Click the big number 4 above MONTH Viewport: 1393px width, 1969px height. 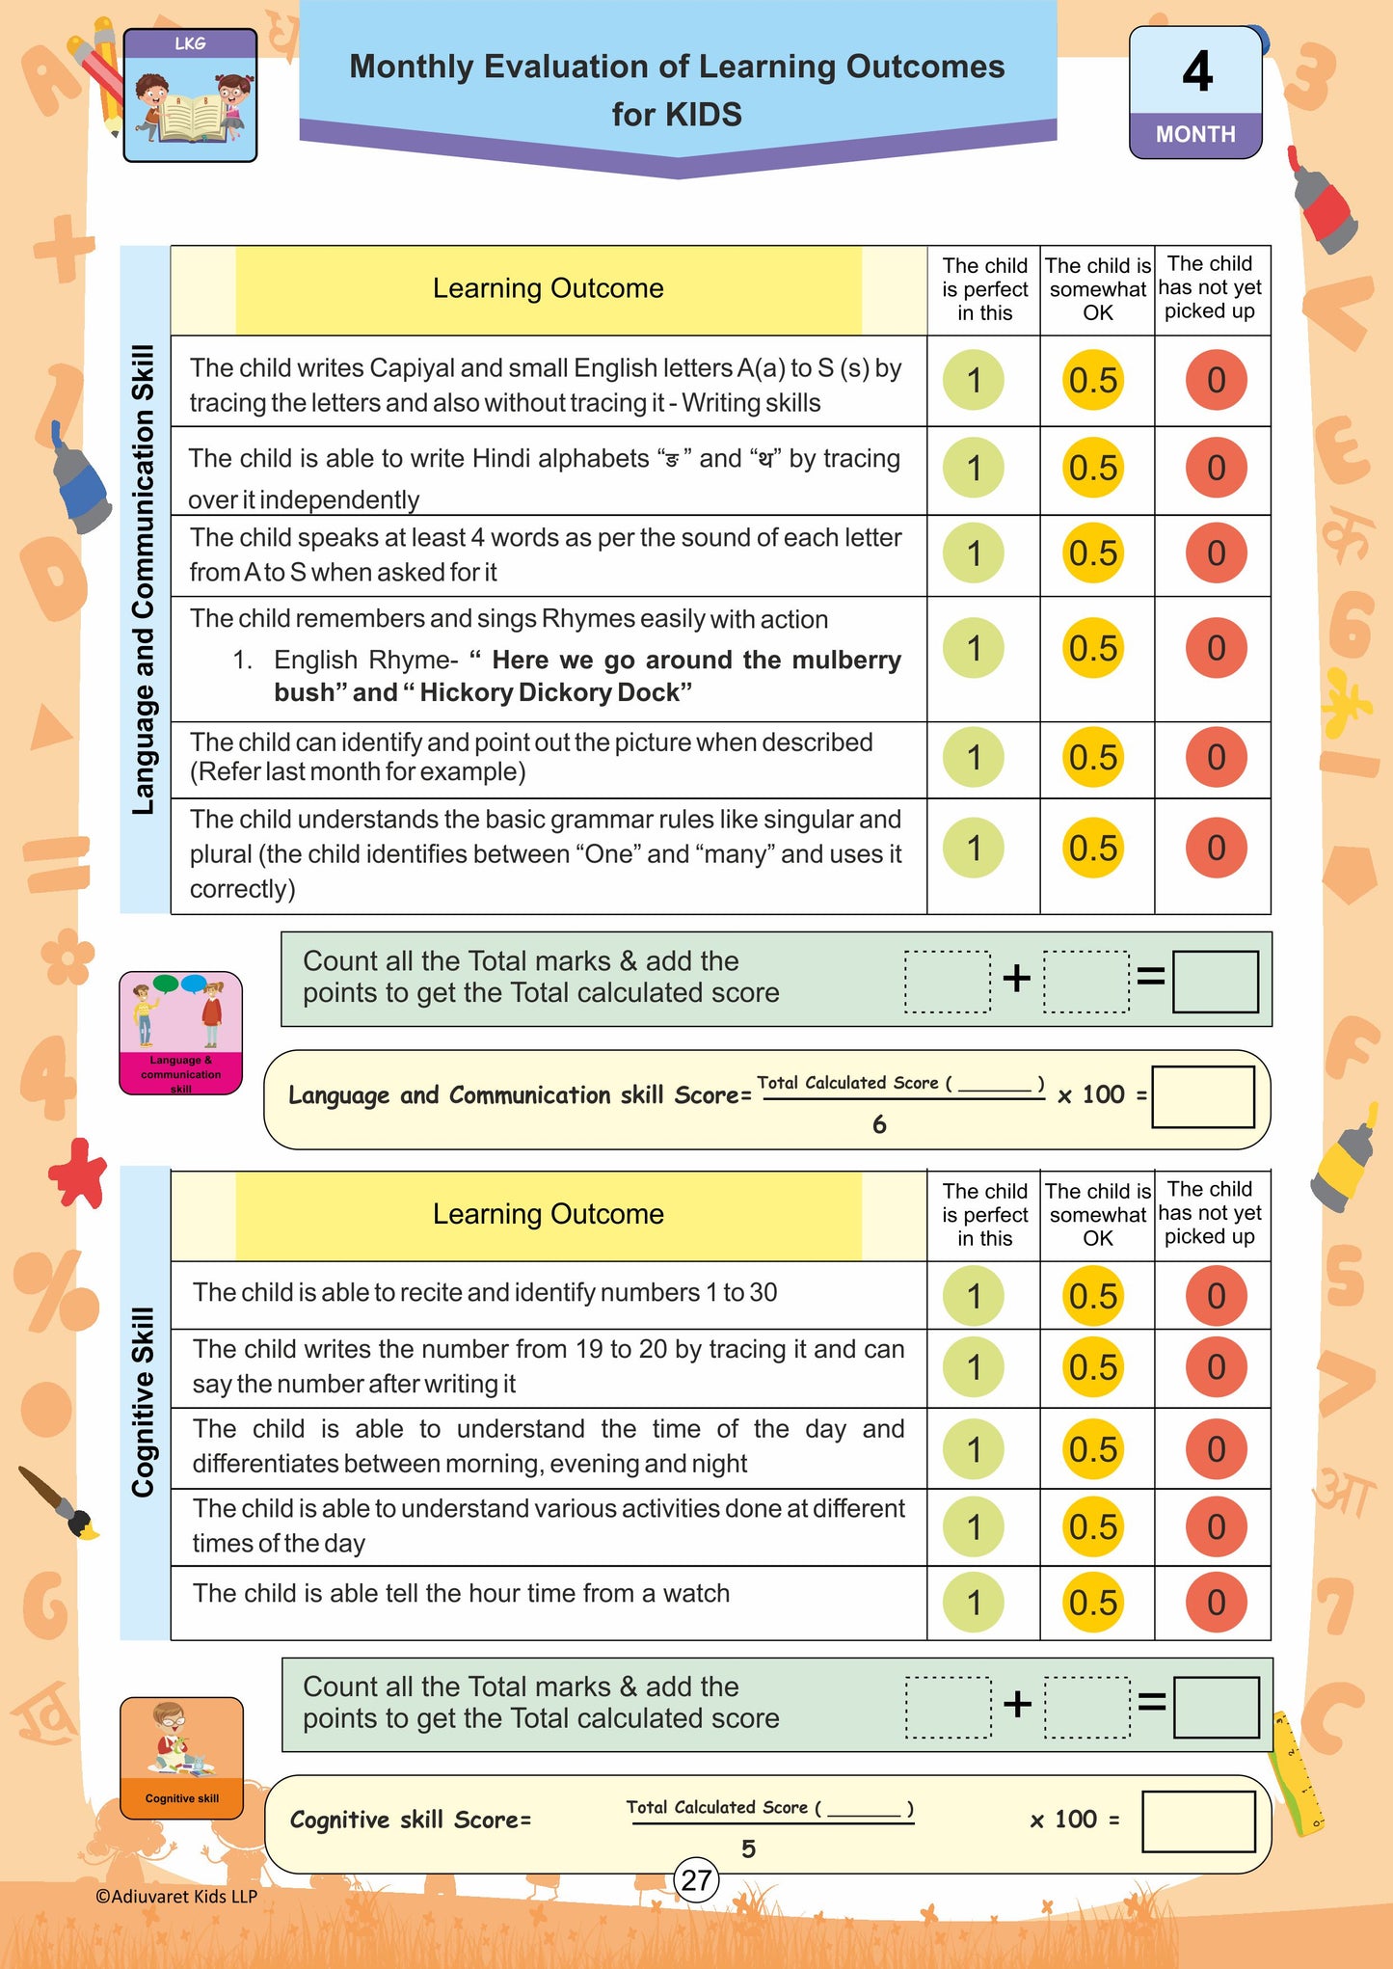pyautogui.click(x=1196, y=71)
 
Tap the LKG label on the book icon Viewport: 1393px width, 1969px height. pyautogui.click(x=190, y=43)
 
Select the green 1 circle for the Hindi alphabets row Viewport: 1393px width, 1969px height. pyautogui.click(x=974, y=469)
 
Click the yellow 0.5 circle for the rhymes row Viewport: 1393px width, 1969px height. pyautogui.click(x=1092, y=648)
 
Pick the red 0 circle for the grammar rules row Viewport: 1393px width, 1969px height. pyautogui.click(x=1216, y=848)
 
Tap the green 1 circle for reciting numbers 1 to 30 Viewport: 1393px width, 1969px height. pyautogui.click(x=974, y=1296)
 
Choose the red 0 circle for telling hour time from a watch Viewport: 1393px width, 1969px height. pyautogui.click(x=1216, y=1603)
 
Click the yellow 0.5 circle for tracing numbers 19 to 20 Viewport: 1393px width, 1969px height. pyautogui.click(x=1092, y=1367)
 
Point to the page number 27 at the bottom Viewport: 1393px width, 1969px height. pyautogui.click(x=696, y=1880)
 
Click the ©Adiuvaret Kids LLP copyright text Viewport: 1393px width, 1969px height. pyautogui.click(x=176, y=1896)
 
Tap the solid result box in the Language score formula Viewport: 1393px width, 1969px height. pyautogui.click(x=1203, y=1096)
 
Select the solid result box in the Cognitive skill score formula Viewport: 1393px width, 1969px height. pyautogui.click(x=1198, y=1821)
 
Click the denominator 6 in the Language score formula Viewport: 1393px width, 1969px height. pyautogui.click(x=879, y=1124)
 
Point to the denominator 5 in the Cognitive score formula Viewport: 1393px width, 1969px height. pyautogui.click(x=748, y=1848)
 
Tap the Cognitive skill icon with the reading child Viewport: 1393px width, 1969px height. pyautogui.click(x=181, y=1758)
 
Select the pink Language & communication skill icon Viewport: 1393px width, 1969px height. pyautogui.click(x=180, y=1033)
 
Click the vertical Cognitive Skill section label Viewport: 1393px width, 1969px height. pyautogui.click(x=144, y=1402)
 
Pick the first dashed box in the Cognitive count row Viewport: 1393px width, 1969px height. pyautogui.click(x=949, y=1707)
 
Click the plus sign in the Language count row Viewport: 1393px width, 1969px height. pyautogui.click(x=1017, y=979)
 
